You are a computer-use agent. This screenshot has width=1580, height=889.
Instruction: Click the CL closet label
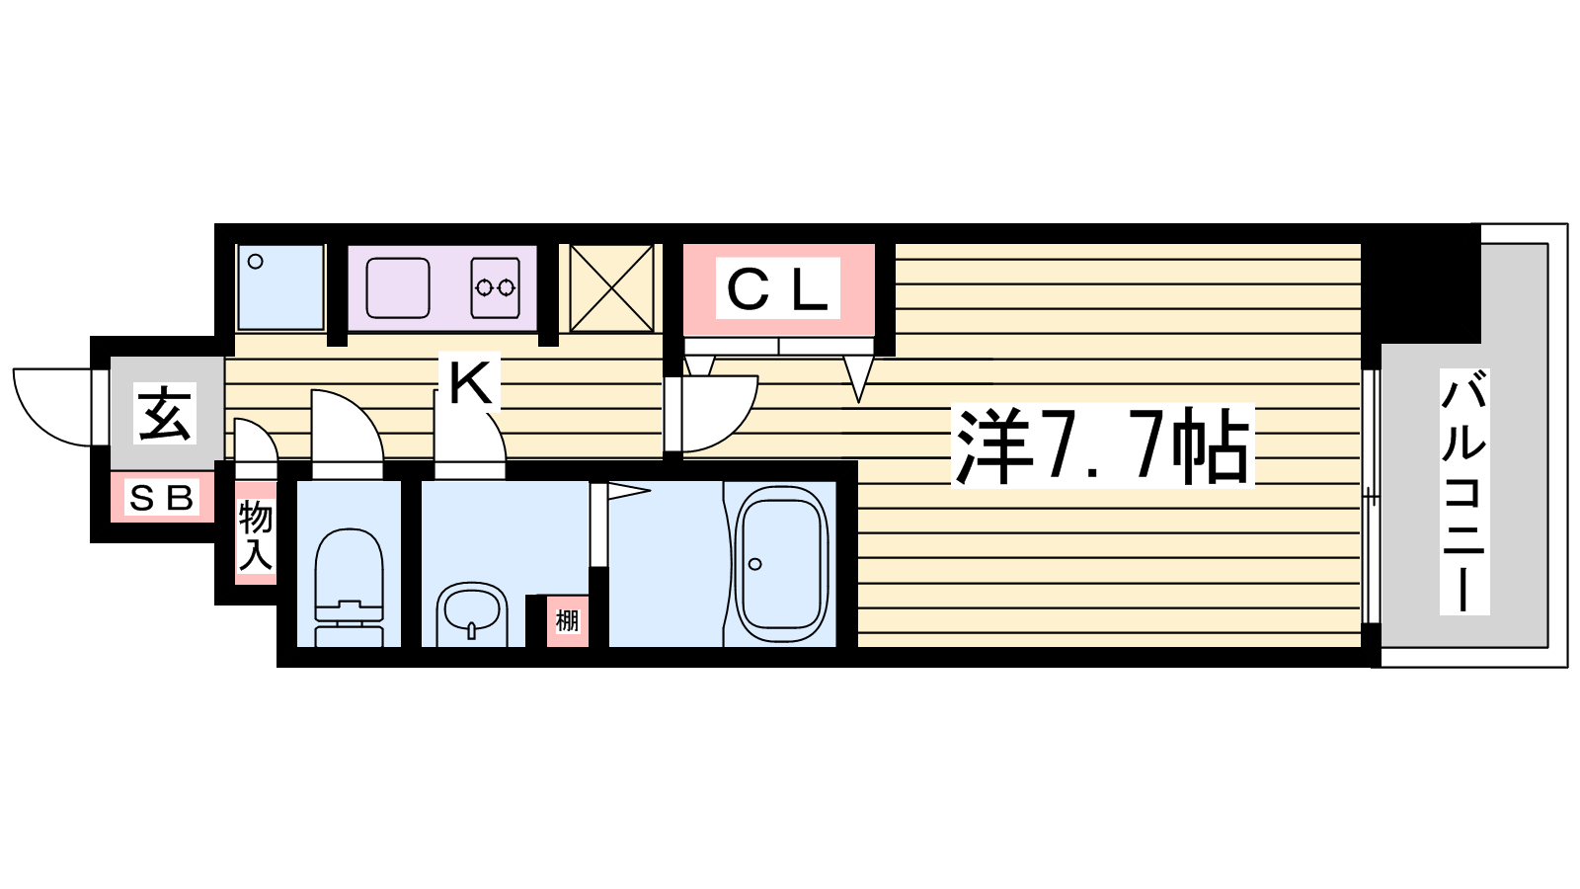[x=777, y=288]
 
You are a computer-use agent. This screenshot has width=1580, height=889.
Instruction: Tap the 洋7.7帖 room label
[x=1102, y=445]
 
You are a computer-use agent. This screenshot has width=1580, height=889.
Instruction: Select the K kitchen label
[x=470, y=381]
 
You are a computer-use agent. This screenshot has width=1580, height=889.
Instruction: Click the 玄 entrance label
[x=164, y=414]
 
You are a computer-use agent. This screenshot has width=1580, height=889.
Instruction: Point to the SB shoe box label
[x=162, y=499]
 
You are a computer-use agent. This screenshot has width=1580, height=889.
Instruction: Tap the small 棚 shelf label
[x=567, y=621]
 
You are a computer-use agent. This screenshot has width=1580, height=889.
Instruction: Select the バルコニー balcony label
[x=1463, y=491]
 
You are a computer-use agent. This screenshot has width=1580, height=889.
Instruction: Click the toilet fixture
[x=349, y=587]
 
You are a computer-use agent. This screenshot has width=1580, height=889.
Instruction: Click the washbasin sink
[x=472, y=613]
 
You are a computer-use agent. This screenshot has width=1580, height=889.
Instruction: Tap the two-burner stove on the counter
[x=495, y=287]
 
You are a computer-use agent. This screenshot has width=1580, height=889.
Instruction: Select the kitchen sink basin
[x=398, y=287]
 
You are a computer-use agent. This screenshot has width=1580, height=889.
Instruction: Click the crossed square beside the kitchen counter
[x=611, y=287]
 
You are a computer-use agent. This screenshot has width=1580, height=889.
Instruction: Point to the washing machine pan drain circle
[x=256, y=262]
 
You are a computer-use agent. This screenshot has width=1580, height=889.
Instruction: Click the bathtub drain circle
[x=755, y=564]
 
